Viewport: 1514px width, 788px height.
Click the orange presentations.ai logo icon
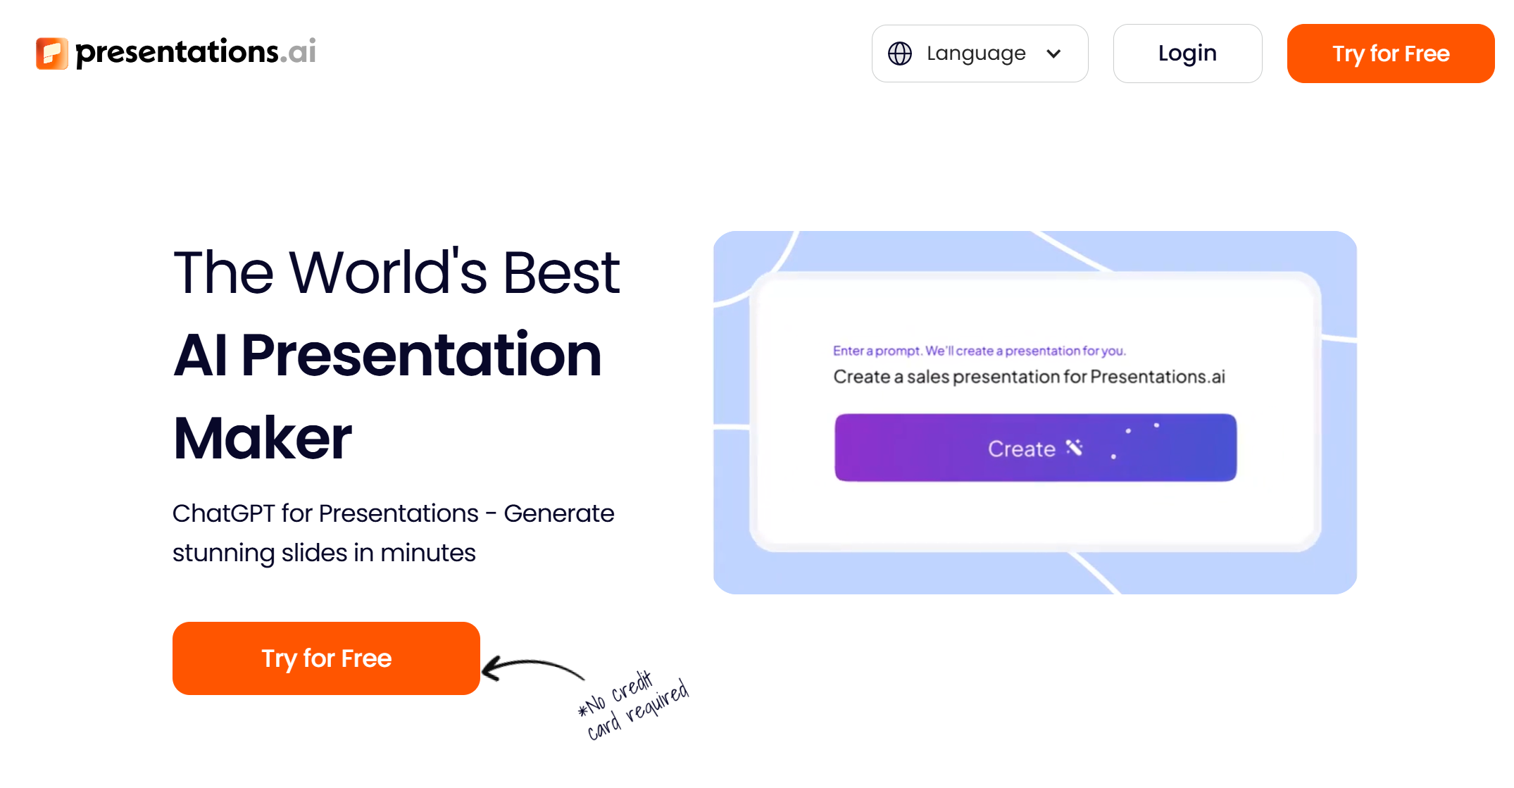pos(51,54)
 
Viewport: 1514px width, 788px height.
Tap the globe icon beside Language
pos(899,54)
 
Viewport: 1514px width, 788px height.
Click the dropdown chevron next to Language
pos(1053,54)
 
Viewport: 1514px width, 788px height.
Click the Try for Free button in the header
pos(1390,54)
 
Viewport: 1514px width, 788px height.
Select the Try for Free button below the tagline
pos(326,658)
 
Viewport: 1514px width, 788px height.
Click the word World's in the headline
pos(388,273)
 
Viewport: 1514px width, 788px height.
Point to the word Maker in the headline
pos(263,438)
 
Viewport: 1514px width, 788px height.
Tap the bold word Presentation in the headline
pos(421,355)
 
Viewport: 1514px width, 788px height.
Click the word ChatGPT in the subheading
pos(223,513)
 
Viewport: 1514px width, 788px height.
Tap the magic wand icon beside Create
pos(1074,447)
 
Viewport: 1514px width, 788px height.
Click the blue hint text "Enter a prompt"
pos(877,351)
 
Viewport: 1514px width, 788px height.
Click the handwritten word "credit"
pos(632,686)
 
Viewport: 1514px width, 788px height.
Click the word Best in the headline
pos(561,273)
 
